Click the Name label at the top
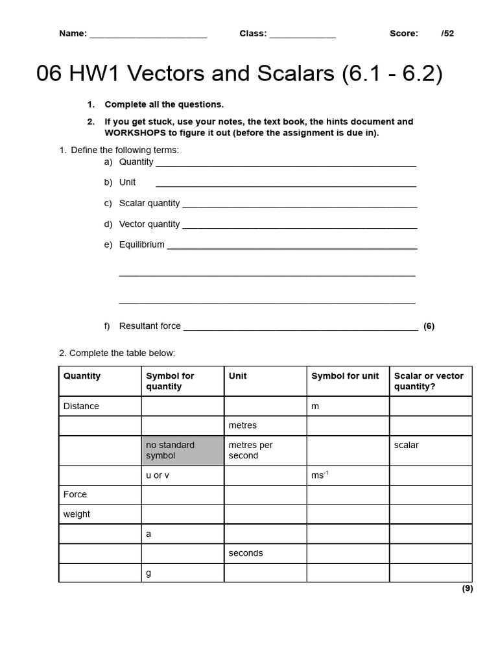(x=73, y=34)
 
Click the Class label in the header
(x=253, y=34)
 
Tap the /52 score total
(x=447, y=34)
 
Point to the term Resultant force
(x=150, y=326)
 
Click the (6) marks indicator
(x=429, y=326)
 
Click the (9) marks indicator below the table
(x=467, y=589)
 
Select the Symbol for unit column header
(x=345, y=376)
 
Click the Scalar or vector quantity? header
(x=429, y=381)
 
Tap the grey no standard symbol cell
(x=182, y=451)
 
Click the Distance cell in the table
(x=81, y=407)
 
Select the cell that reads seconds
(x=246, y=553)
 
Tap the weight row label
(x=77, y=514)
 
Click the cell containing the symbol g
(x=148, y=573)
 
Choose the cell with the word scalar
(x=406, y=445)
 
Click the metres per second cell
(x=250, y=451)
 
